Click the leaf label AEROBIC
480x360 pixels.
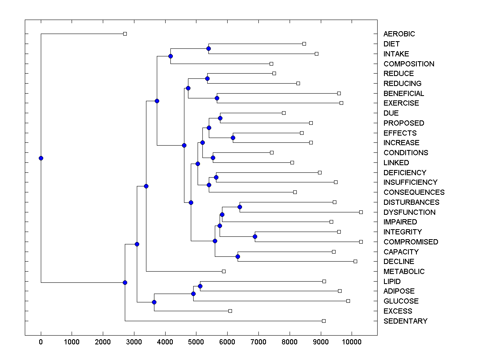pyautogui.click(x=399, y=34)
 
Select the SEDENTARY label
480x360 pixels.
pyautogui.click(x=405, y=321)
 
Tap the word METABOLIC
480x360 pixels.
pyautogui.click(x=404, y=272)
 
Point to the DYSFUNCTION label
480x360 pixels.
pyautogui.click(x=409, y=212)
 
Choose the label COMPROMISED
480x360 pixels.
pyautogui.click(x=410, y=242)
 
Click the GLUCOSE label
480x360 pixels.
pyautogui.click(x=401, y=301)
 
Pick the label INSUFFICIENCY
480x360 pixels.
pyautogui.click(x=410, y=182)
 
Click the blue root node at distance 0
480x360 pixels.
pyautogui.click(x=41, y=158)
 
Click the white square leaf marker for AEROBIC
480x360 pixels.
pyautogui.click(x=125, y=34)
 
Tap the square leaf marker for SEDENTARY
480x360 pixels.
pyautogui.click(x=324, y=321)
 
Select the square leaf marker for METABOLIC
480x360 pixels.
pyautogui.click(x=224, y=271)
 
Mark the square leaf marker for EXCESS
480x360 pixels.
pyautogui.click(x=230, y=311)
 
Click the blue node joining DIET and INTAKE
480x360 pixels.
pyautogui.click(x=208, y=48)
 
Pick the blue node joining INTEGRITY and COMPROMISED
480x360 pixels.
pyautogui.click(x=255, y=236)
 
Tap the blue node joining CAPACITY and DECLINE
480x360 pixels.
pyautogui.click(x=238, y=256)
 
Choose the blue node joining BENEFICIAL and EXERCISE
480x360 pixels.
pyautogui.click(x=217, y=98)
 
